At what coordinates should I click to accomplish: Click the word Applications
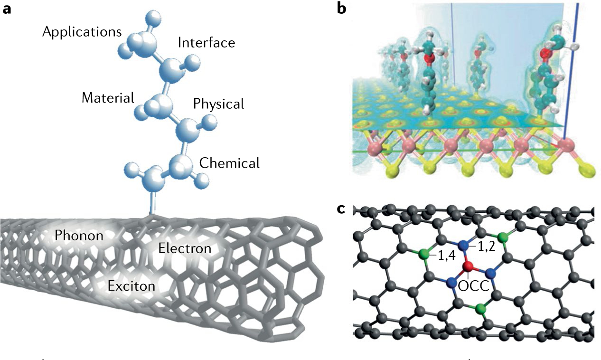point(82,32)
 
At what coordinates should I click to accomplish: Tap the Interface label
point(207,43)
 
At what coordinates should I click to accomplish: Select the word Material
point(108,98)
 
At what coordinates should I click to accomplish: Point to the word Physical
point(218,104)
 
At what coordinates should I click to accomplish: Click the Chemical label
point(230,163)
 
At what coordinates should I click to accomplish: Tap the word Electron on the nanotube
point(185,247)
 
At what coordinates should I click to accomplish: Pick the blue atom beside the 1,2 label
point(466,246)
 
